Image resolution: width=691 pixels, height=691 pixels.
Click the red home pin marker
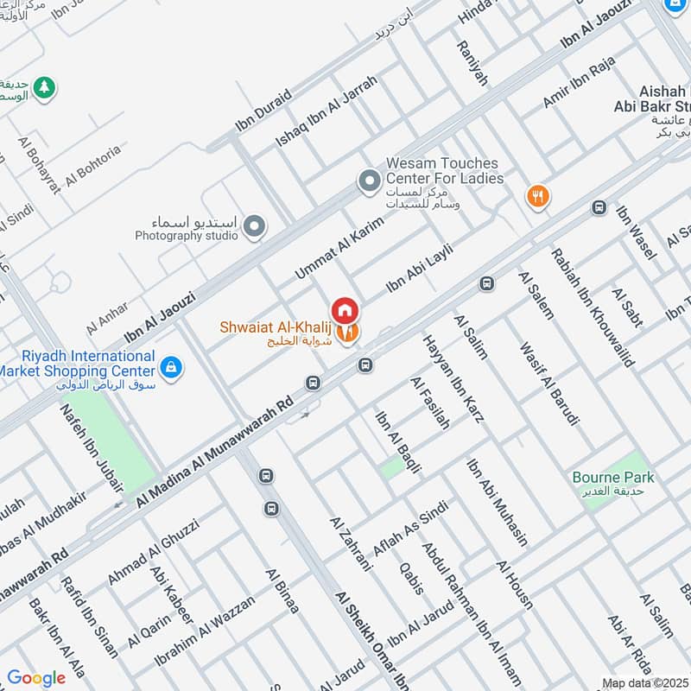click(x=344, y=309)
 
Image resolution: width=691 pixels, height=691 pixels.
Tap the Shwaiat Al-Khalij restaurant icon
click(x=347, y=332)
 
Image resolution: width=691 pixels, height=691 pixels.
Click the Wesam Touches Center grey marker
click(x=370, y=181)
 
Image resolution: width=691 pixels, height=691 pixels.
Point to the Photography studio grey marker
click(x=254, y=226)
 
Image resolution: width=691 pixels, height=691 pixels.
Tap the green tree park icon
click(x=43, y=87)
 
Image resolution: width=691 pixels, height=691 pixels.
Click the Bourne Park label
click(x=612, y=477)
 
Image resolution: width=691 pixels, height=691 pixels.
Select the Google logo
click(x=36, y=678)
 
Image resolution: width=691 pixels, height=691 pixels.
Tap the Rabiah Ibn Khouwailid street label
click(x=593, y=307)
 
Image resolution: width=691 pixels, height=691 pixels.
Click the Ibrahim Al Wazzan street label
click(x=204, y=631)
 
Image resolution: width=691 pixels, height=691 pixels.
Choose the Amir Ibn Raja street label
click(x=578, y=86)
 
